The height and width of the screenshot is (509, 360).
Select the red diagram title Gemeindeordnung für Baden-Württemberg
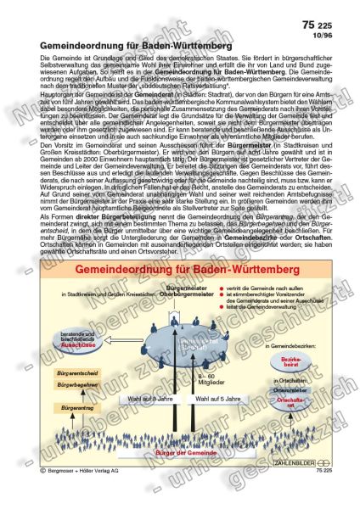click(x=175, y=269)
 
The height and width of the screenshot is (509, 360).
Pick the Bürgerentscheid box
click(x=73, y=372)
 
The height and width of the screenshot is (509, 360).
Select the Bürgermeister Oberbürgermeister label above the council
click(x=183, y=293)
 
